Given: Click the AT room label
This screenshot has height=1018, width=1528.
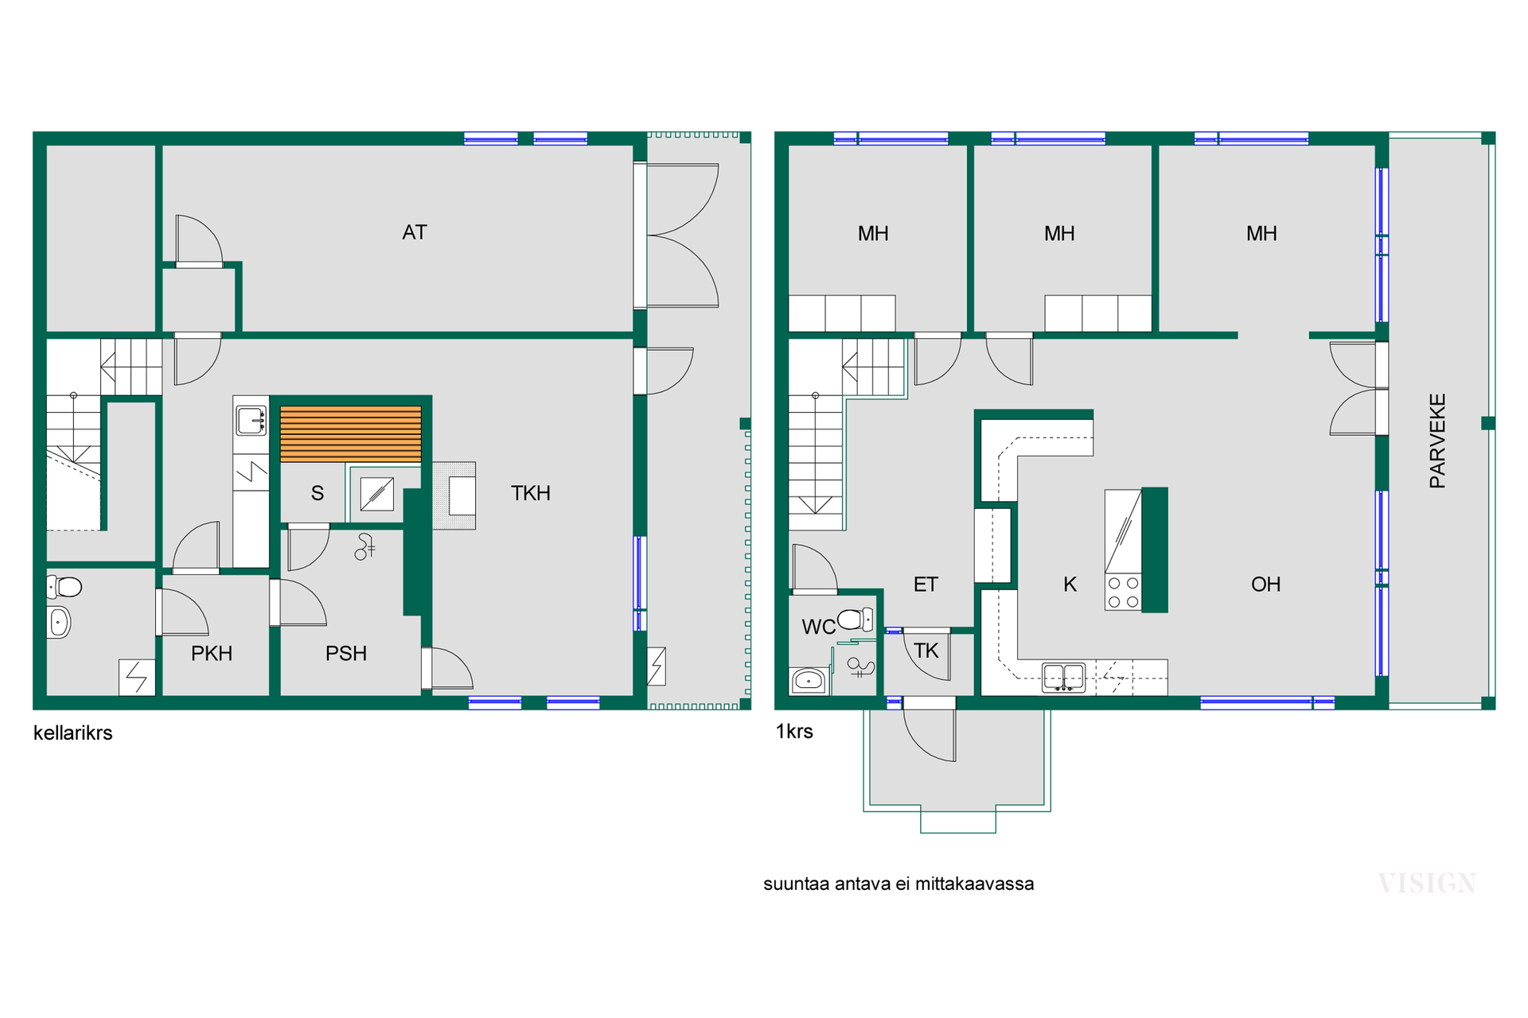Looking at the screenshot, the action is coord(415,232).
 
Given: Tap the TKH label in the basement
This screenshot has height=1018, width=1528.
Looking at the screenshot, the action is coord(531,493).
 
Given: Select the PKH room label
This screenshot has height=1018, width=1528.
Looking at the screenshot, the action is coord(212,654).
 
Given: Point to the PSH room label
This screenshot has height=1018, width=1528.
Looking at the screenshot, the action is coord(346,654).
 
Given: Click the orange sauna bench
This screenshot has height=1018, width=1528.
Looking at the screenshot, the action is coord(351,434).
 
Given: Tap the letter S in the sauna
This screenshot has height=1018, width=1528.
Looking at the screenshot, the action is coord(318,493).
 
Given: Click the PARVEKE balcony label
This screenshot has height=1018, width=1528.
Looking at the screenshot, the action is coord(1437,441).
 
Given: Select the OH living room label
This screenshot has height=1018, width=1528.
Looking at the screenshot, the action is coord(1265,585).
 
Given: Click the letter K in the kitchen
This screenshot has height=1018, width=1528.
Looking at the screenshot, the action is coord(1070,585).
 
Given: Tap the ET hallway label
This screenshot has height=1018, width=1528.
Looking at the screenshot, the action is coord(926,585).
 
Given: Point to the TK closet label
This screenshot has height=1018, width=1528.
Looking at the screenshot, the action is coord(926,651).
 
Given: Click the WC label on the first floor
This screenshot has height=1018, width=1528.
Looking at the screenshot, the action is coord(819,627).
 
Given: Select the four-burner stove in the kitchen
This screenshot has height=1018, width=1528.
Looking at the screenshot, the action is coord(1123,593).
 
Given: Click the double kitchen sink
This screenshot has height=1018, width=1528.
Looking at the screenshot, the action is coord(1063,677).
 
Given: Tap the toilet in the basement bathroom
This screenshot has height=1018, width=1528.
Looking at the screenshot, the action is coord(64,587).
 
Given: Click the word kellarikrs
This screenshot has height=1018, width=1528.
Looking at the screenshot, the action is coord(72,732).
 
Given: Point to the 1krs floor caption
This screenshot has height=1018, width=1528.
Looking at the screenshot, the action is coord(794,732).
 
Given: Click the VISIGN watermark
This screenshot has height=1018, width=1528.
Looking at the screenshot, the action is coord(1427,883).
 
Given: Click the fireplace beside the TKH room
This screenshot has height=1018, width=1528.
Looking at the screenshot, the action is coord(454,495).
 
